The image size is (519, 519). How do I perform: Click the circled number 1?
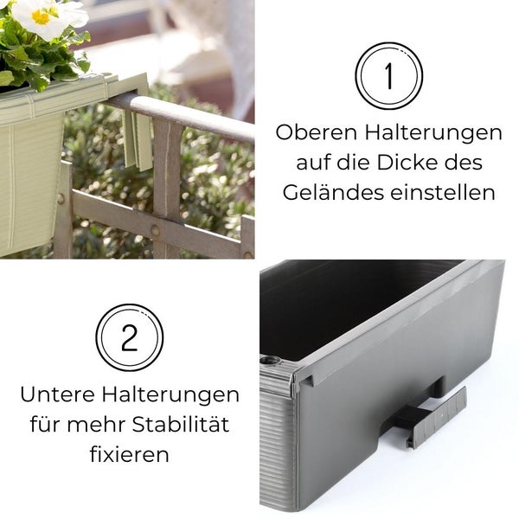(x=389, y=76)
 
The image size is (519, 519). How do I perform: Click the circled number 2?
(x=130, y=337)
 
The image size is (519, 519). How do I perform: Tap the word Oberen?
(x=316, y=132)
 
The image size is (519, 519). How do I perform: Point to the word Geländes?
(x=333, y=193)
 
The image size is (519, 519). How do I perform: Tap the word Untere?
(x=57, y=394)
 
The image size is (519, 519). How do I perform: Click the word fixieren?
(x=130, y=454)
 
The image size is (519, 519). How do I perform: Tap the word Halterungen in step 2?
(x=170, y=395)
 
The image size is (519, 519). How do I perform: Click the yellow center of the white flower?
(x=41, y=17)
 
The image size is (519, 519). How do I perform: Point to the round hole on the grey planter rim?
(x=270, y=361)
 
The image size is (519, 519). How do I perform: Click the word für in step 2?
(x=45, y=425)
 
